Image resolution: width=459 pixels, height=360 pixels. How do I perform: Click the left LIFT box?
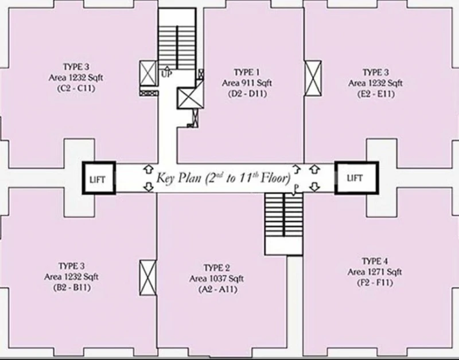[x=99, y=178]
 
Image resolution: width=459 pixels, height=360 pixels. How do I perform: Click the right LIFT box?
[x=356, y=178]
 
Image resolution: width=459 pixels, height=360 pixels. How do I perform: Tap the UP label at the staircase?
[x=166, y=74]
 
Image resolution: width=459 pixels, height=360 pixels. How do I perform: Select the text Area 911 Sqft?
[x=247, y=83]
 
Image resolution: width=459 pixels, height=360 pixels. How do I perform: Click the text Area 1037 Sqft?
[x=216, y=279]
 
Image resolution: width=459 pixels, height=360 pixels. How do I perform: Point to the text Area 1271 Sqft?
[x=375, y=272]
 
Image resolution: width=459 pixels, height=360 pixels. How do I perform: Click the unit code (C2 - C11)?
[x=76, y=88]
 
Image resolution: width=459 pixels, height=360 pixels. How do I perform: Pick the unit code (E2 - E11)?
[x=376, y=94]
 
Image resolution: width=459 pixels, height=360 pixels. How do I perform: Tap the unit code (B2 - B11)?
[x=72, y=287]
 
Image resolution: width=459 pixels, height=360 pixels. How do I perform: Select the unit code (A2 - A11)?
[x=217, y=289]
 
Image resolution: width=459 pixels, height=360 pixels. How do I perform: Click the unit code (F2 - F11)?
[x=375, y=283]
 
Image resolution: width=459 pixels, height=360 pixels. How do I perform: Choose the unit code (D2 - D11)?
[x=247, y=94]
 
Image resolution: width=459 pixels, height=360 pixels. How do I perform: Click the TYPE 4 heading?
[x=375, y=261]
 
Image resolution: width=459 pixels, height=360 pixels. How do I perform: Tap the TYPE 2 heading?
[x=217, y=268]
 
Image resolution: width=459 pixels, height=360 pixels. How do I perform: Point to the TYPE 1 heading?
[x=247, y=72]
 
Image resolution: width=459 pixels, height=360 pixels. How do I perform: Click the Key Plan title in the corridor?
[x=223, y=178]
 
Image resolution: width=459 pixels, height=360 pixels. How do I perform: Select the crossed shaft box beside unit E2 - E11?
[x=313, y=78]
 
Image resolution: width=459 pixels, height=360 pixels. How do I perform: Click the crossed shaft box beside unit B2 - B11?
[x=148, y=277]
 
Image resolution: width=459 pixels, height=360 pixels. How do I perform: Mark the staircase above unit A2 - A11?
[x=283, y=224]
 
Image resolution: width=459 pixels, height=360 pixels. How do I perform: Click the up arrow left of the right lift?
[x=314, y=169]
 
